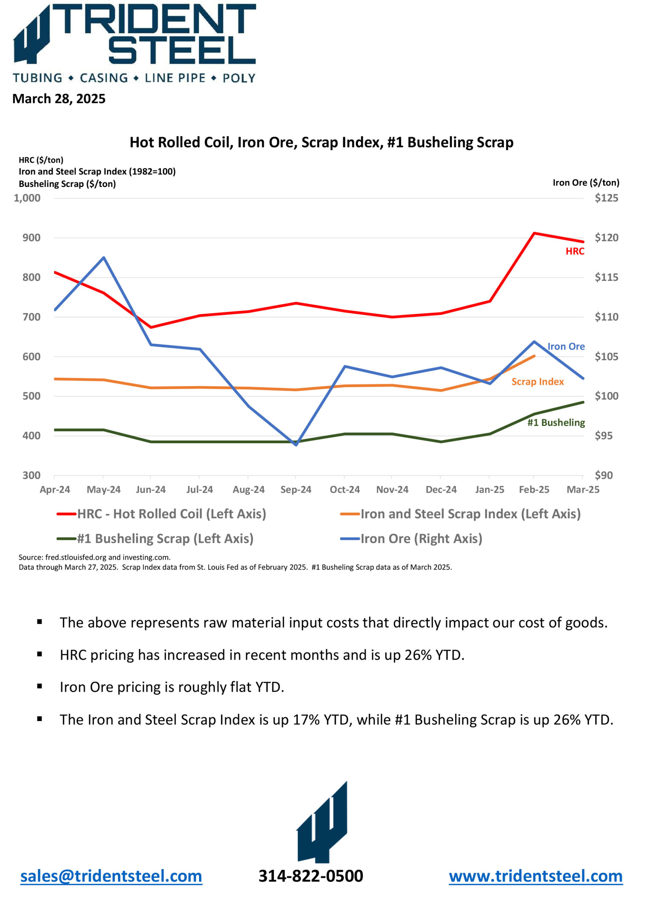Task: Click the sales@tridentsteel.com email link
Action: (x=111, y=876)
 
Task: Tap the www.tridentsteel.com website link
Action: (x=535, y=876)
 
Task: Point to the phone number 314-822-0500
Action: (x=311, y=876)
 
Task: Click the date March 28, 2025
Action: (x=59, y=99)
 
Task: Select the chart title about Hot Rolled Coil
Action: (x=321, y=142)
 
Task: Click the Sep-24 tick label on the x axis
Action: (x=296, y=489)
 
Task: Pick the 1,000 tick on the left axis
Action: (x=27, y=198)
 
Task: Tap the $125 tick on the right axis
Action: (x=606, y=198)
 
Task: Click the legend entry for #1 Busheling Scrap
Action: (x=155, y=538)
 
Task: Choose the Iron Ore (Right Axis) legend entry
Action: (x=411, y=538)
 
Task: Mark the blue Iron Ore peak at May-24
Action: (x=104, y=258)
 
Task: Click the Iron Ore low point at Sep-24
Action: (x=296, y=445)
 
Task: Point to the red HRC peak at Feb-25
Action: (x=534, y=233)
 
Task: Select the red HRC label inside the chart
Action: (x=575, y=251)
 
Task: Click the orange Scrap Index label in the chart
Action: (x=538, y=382)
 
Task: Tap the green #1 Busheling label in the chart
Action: (x=556, y=422)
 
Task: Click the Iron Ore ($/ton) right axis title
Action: (x=586, y=183)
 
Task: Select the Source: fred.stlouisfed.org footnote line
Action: (x=94, y=557)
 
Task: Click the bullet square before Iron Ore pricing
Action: (x=40, y=686)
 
